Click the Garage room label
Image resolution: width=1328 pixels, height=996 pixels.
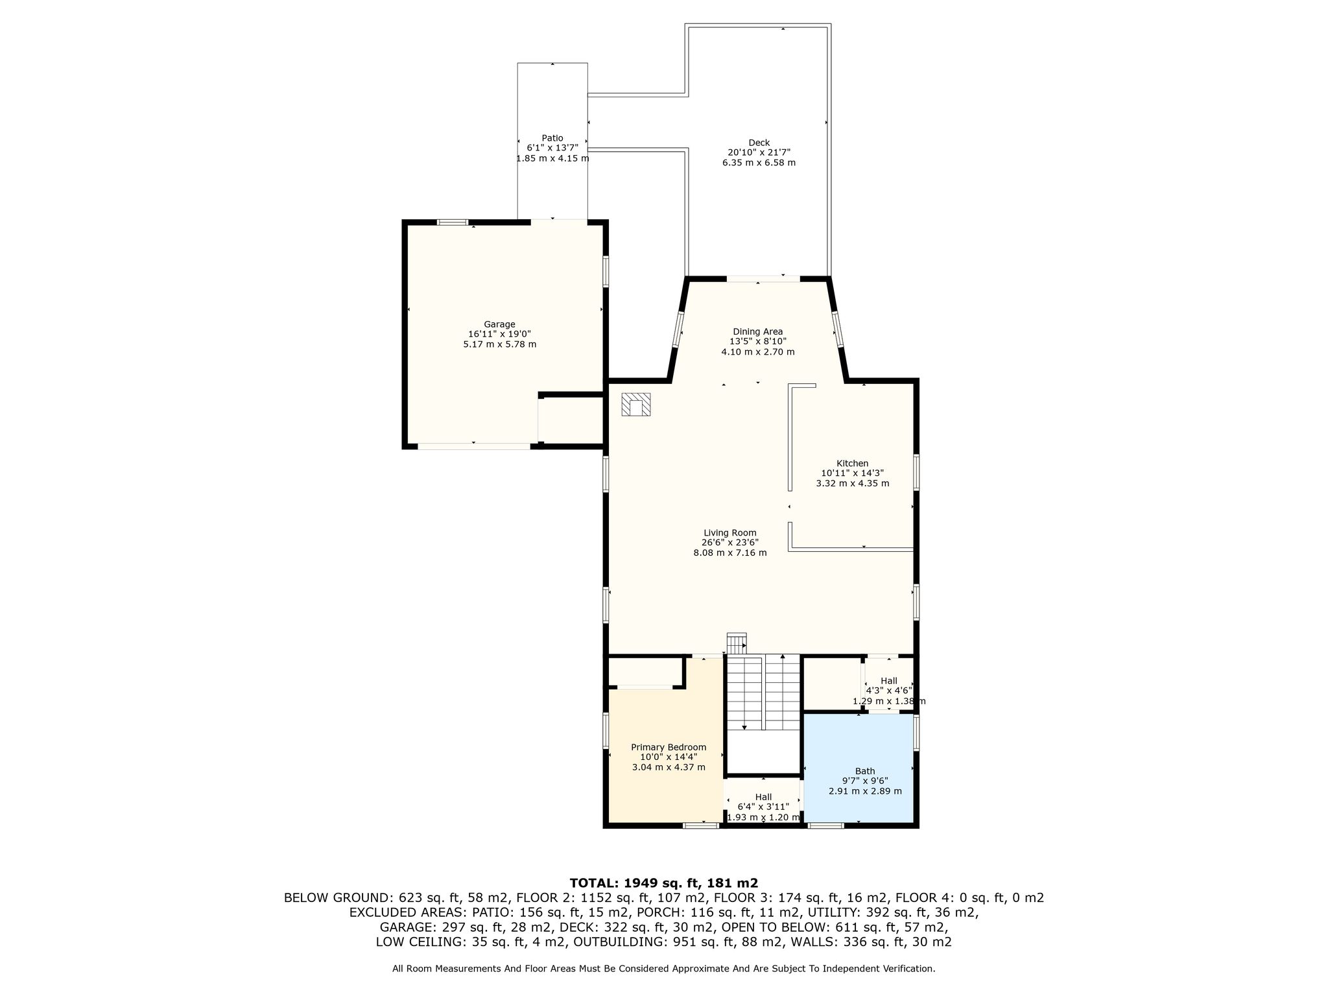click(499, 324)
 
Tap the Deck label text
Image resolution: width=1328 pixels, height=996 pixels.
click(759, 143)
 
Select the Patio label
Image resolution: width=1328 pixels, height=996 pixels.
click(552, 138)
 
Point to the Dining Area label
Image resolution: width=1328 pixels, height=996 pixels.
click(758, 332)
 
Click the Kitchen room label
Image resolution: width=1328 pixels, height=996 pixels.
click(852, 463)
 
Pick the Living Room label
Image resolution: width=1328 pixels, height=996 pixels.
click(730, 533)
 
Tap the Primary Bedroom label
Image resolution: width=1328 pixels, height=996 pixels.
click(669, 748)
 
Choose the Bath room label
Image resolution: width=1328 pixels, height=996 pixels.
click(865, 771)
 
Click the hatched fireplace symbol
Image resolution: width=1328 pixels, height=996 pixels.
click(636, 405)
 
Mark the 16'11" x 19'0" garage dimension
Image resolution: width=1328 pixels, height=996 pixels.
click(499, 334)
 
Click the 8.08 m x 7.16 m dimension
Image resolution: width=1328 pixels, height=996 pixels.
click(730, 553)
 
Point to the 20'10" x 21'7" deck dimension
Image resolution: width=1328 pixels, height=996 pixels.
click(759, 152)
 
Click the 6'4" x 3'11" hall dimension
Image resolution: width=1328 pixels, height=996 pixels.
click(763, 807)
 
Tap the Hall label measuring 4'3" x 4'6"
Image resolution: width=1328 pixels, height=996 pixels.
click(889, 681)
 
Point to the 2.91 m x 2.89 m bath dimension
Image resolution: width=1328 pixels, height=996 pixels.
click(865, 791)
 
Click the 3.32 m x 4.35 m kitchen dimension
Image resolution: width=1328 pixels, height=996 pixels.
click(852, 483)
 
